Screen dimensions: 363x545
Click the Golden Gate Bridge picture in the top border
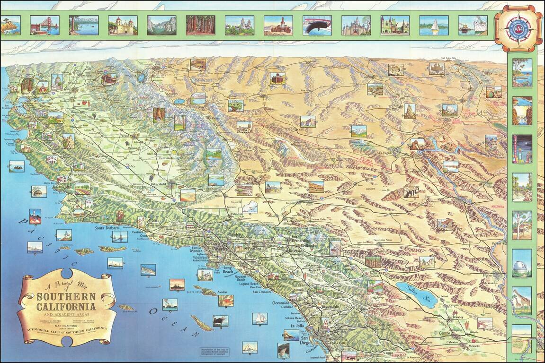45,25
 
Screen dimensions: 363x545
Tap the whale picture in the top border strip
317,25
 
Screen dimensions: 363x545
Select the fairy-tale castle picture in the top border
356,25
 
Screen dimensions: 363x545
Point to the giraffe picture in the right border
522,300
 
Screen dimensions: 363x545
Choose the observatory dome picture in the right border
522,263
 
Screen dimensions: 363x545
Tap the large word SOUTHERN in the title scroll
66,297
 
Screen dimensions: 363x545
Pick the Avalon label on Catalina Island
222,292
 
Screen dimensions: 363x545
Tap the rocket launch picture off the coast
35,216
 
